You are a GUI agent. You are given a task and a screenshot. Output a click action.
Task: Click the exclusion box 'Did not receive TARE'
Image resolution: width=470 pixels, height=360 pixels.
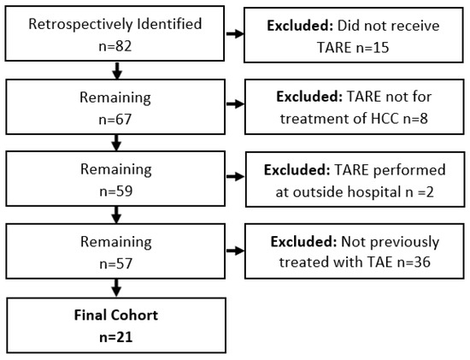[x=351, y=34]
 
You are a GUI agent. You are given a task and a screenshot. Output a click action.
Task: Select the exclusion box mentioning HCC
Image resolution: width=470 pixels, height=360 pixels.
[x=351, y=106]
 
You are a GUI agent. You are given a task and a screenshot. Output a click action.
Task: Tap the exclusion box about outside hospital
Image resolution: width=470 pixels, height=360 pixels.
[x=351, y=177]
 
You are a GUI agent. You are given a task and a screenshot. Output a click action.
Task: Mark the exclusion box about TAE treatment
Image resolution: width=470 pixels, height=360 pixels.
[x=351, y=248]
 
